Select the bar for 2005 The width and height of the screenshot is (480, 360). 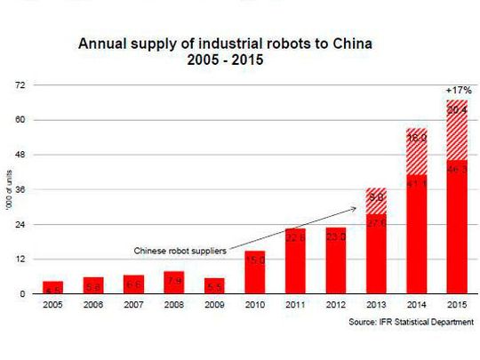(x=52, y=286)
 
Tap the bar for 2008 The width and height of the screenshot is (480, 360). (x=173, y=282)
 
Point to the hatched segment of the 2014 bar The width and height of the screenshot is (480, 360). (x=417, y=151)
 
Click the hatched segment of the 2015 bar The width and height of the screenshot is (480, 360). (x=456, y=130)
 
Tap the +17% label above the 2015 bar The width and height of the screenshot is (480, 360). (x=456, y=90)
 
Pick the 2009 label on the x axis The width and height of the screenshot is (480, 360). (x=214, y=306)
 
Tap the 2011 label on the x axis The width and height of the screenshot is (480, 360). (x=295, y=306)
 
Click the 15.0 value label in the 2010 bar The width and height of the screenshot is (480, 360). (x=254, y=260)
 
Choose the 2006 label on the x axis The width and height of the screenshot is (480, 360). (x=93, y=306)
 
